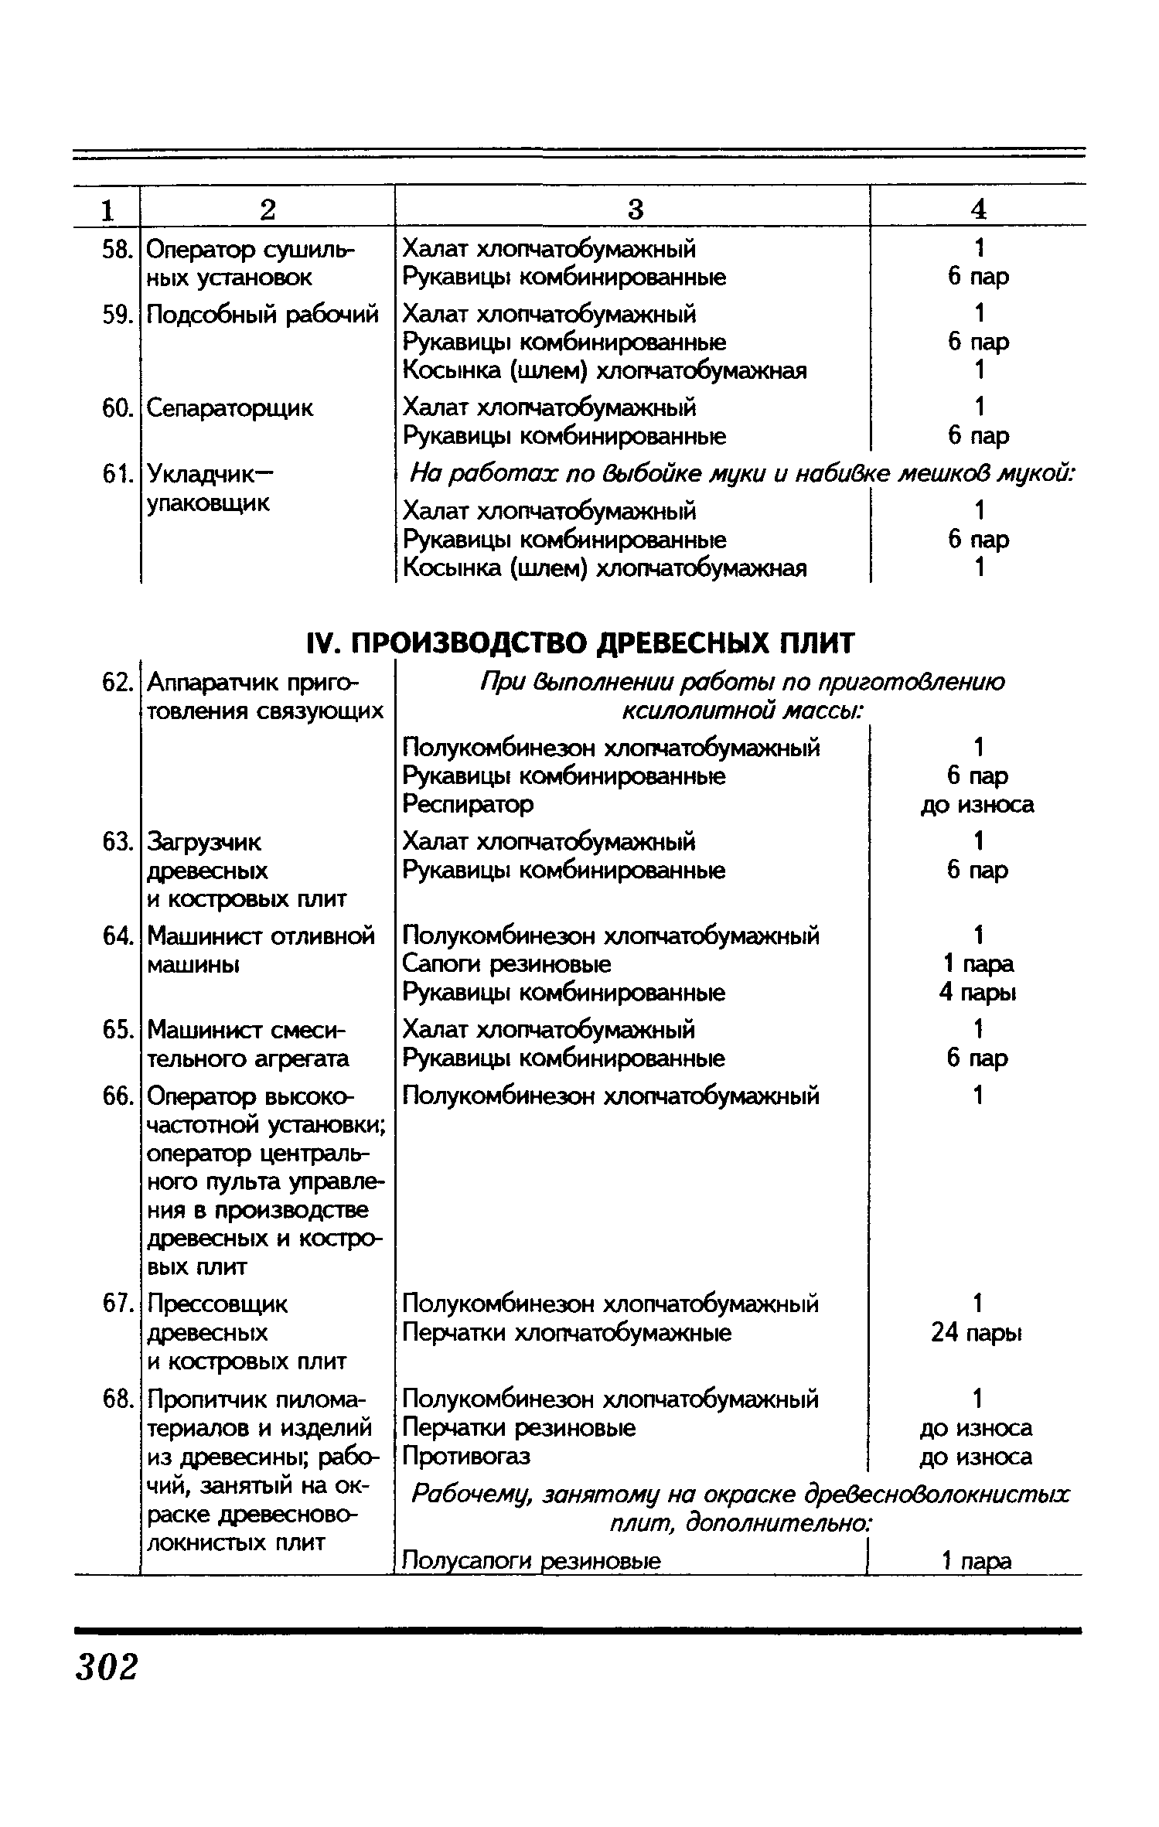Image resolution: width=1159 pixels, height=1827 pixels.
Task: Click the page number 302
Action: [x=107, y=1666]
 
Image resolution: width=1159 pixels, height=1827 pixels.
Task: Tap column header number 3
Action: [x=634, y=210]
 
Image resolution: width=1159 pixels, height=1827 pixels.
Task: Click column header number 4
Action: [x=978, y=210]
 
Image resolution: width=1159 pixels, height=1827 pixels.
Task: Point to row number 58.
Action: [x=118, y=250]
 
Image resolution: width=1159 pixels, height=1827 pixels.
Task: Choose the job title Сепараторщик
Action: [x=230, y=408]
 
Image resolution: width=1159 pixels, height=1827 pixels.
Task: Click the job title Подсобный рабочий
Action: [x=263, y=315]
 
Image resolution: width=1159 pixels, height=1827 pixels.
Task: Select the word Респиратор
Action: [x=468, y=804]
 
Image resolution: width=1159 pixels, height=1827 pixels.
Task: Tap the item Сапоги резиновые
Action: [x=506, y=964]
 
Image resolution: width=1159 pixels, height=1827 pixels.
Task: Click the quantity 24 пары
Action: [x=977, y=1333]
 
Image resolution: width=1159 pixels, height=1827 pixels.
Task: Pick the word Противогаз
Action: [x=466, y=1457]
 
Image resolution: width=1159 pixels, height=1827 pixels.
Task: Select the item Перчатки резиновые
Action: [x=519, y=1428]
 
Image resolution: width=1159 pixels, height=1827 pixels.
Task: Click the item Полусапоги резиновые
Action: [x=532, y=1561]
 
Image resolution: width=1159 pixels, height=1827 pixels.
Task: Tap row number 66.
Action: [x=118, y=1096]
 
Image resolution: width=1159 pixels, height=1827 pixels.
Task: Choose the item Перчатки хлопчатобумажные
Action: [x=567, y=1333]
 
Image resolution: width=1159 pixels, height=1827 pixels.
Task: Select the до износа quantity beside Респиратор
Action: [x=977, y=805]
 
